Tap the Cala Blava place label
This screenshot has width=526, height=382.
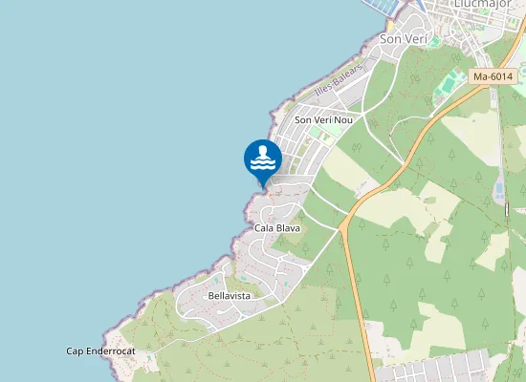click(277, 228)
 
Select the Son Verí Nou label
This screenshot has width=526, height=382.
click(323, 119)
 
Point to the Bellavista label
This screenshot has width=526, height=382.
click(229, 296)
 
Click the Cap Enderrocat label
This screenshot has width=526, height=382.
click(100, 351)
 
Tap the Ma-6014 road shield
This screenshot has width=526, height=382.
click(493, 76)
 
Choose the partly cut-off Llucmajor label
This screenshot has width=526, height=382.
click(460, 5)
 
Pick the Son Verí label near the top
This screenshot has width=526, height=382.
click(402, 39)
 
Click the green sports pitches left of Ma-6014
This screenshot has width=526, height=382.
click(445, 89)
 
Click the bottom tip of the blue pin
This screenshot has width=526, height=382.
click(263, 186)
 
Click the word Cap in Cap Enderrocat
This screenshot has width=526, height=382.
click(75, 351)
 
